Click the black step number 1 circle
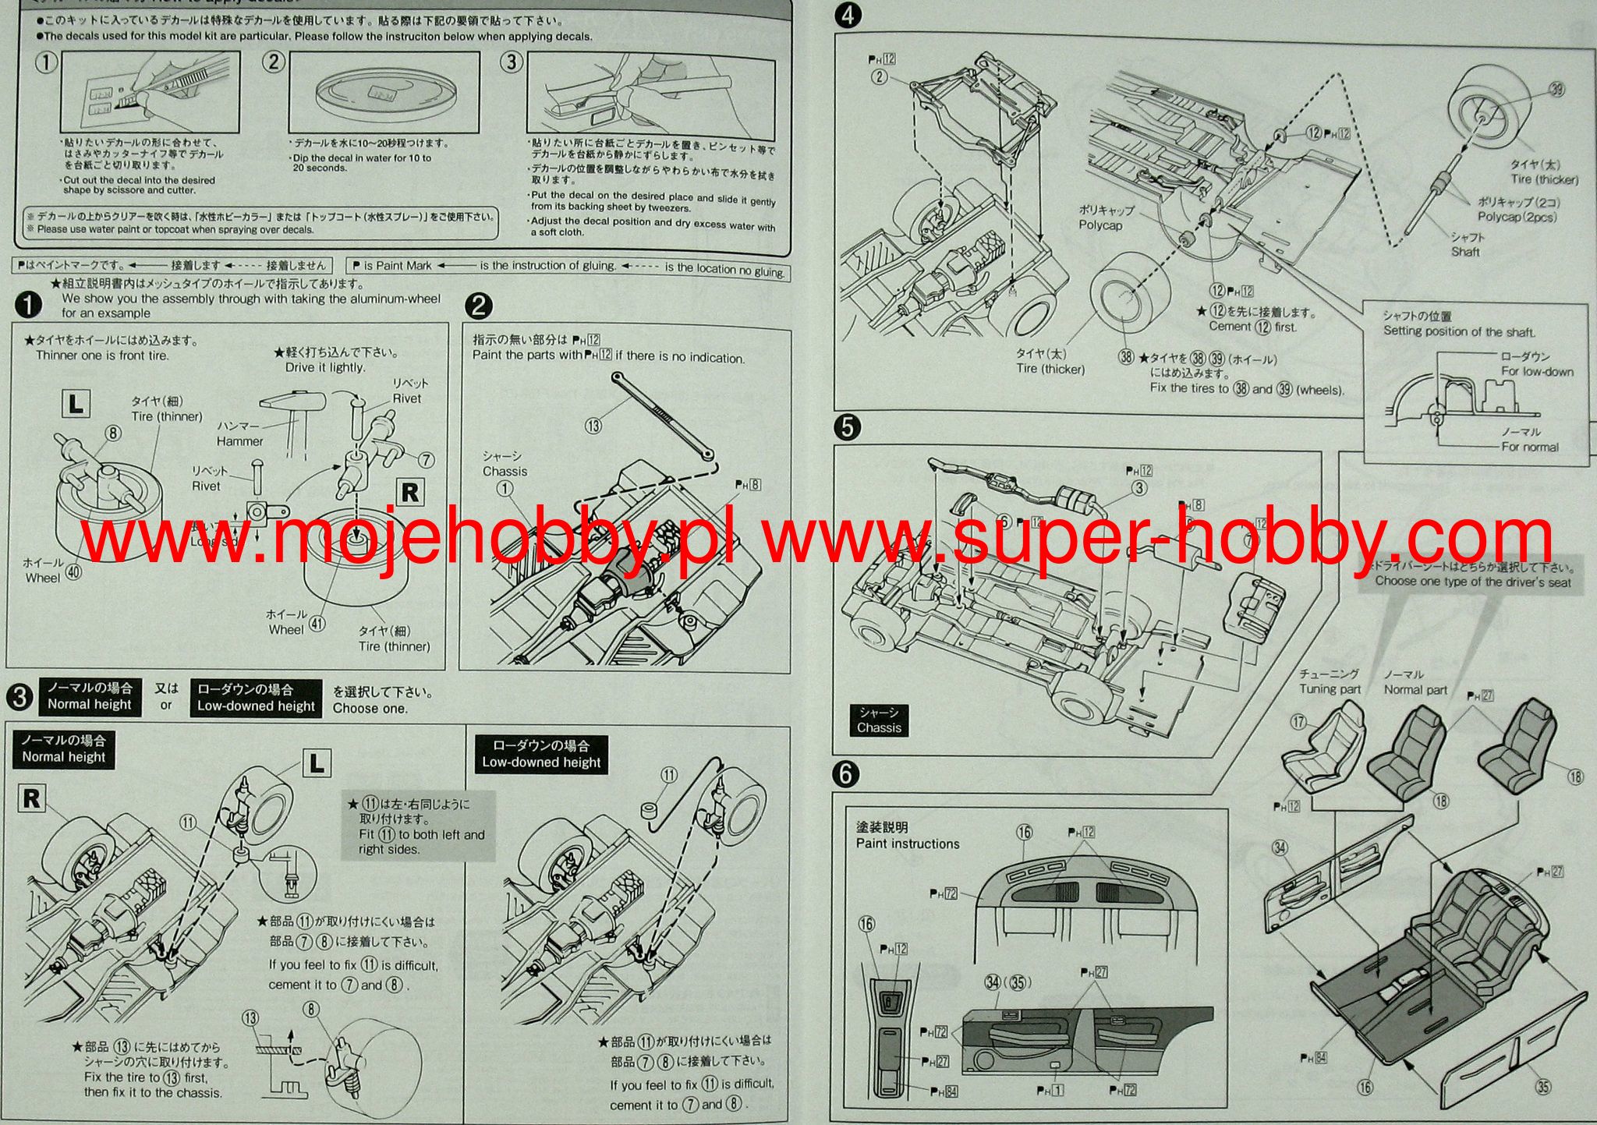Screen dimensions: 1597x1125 pos(28,306)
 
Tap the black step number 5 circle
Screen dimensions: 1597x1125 pos(847,427)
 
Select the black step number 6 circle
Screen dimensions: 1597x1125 pos(847,773)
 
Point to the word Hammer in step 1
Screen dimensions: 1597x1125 pos(239,441)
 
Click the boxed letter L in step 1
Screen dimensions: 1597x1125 pos(76,404)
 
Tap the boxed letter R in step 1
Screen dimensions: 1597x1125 pos(409,493)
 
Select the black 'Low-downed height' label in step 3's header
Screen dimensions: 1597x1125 pos(256,698)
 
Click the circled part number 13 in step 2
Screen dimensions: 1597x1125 pos(593,426)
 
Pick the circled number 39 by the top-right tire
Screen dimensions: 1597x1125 pos(1556,89)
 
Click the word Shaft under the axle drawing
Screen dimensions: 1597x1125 pos(1465,252)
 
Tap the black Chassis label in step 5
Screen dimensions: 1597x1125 pos(879,720)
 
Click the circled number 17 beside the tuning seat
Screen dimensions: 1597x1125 pos(1298,722)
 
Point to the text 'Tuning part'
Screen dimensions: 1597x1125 pos(1330,689)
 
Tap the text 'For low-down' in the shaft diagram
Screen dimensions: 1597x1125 pos(1537,372)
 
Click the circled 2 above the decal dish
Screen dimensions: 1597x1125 pos(273,62)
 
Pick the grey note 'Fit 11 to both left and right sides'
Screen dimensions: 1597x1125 pos(417,826)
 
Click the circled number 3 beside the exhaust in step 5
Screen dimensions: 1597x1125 pos(1139,488)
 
